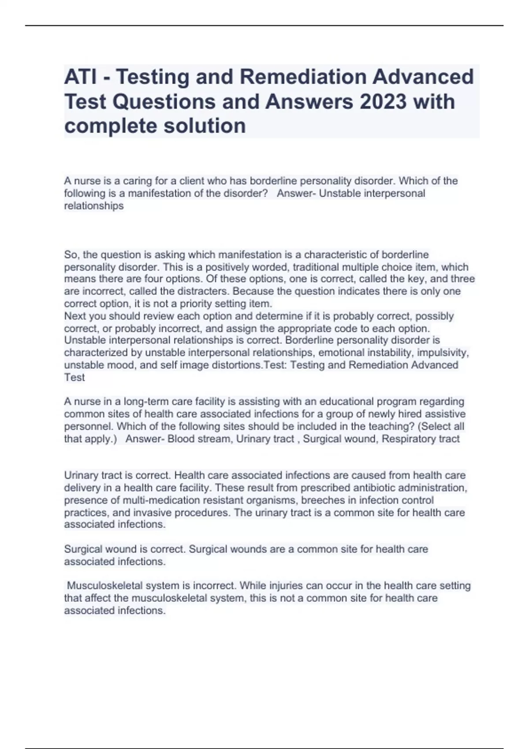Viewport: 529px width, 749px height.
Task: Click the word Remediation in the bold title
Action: pyautogui.click(x=303, y=77)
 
